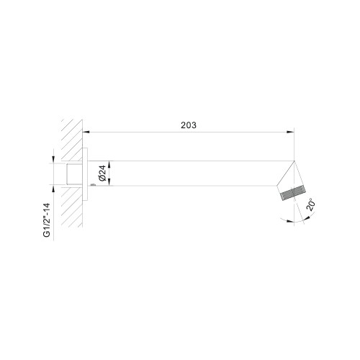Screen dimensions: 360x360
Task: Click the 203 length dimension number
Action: (189, 125)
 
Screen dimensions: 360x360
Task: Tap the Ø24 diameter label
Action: (102, 174)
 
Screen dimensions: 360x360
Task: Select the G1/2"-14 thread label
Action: (47, 220)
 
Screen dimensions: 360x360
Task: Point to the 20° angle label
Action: (311, 204)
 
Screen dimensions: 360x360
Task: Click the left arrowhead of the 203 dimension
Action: (86, 132)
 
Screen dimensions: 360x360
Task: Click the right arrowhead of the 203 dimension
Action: (291, 132)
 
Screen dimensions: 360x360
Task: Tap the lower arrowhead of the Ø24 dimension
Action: (109, 182)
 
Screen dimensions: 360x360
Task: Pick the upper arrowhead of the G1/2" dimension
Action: (53, 160)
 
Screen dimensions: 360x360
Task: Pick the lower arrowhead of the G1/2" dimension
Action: (53, 189)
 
